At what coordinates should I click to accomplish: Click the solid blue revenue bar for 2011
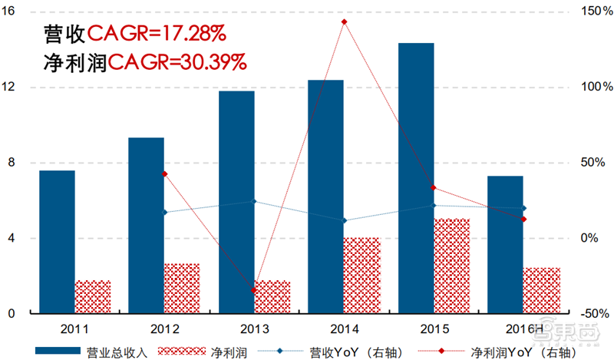coord(58,242)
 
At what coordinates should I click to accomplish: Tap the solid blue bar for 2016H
coord(506,244)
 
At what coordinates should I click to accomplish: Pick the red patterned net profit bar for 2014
coord(361,276)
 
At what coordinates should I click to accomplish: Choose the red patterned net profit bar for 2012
coord(182,288)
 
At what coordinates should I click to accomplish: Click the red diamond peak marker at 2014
coord(345,21)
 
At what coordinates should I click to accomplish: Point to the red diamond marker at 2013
coord(254,290)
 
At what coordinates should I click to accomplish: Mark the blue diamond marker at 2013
coord(254,202)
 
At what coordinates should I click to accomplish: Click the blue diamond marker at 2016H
coord(523,208)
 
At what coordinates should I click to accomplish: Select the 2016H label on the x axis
coord(506,329)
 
